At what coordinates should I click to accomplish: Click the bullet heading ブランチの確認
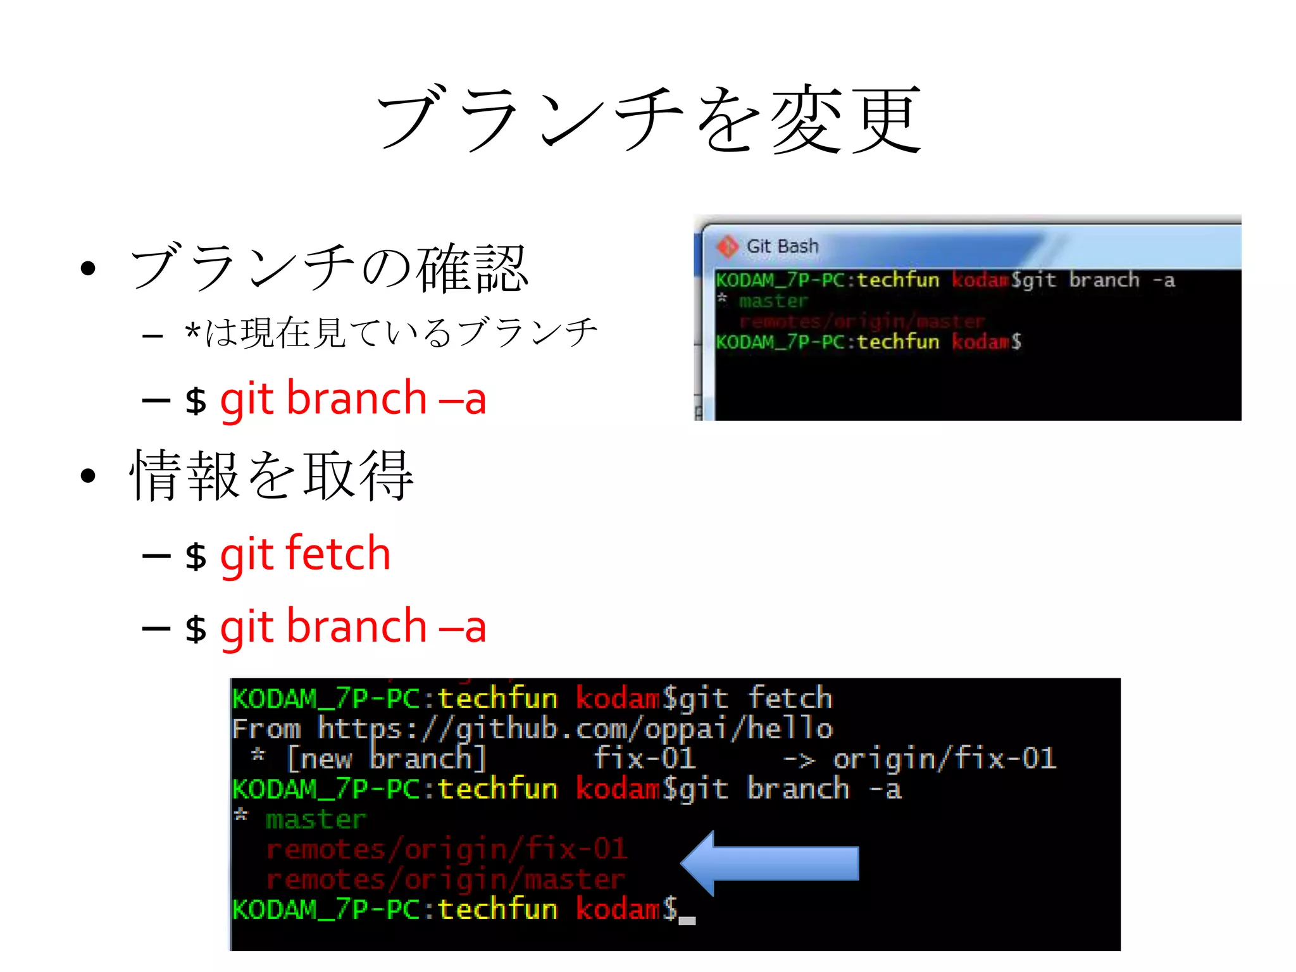(329, 268)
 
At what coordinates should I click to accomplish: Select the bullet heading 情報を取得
(272, 476)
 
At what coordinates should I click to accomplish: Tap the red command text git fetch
(305, 554)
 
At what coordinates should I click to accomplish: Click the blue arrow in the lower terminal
(769, 863)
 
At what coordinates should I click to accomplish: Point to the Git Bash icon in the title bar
(727, 246)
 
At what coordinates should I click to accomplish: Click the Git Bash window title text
(782, 246)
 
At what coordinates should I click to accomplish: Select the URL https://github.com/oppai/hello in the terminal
(575, 729)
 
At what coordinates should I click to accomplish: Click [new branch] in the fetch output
(386, 759)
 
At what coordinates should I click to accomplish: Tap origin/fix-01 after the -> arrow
(944, 759)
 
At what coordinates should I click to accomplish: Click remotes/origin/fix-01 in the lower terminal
(447, 849)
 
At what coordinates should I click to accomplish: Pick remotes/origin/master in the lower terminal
(445, 880)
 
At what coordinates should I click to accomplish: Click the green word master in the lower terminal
(316, 819)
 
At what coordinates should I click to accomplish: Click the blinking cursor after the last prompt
(687, 919)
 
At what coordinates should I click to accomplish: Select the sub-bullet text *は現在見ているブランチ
(391, 333)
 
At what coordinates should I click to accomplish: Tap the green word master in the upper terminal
(773, 301)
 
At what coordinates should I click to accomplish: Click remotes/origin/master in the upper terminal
(862, 321)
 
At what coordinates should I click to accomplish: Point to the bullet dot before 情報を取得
(88, 476)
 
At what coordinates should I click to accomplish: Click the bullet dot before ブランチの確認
(88, 268)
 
